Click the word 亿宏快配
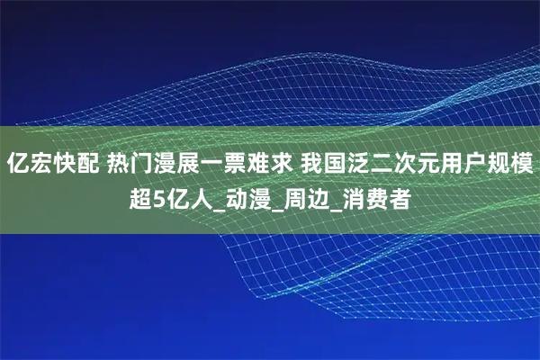point(53,165)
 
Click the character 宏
point(40,165)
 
